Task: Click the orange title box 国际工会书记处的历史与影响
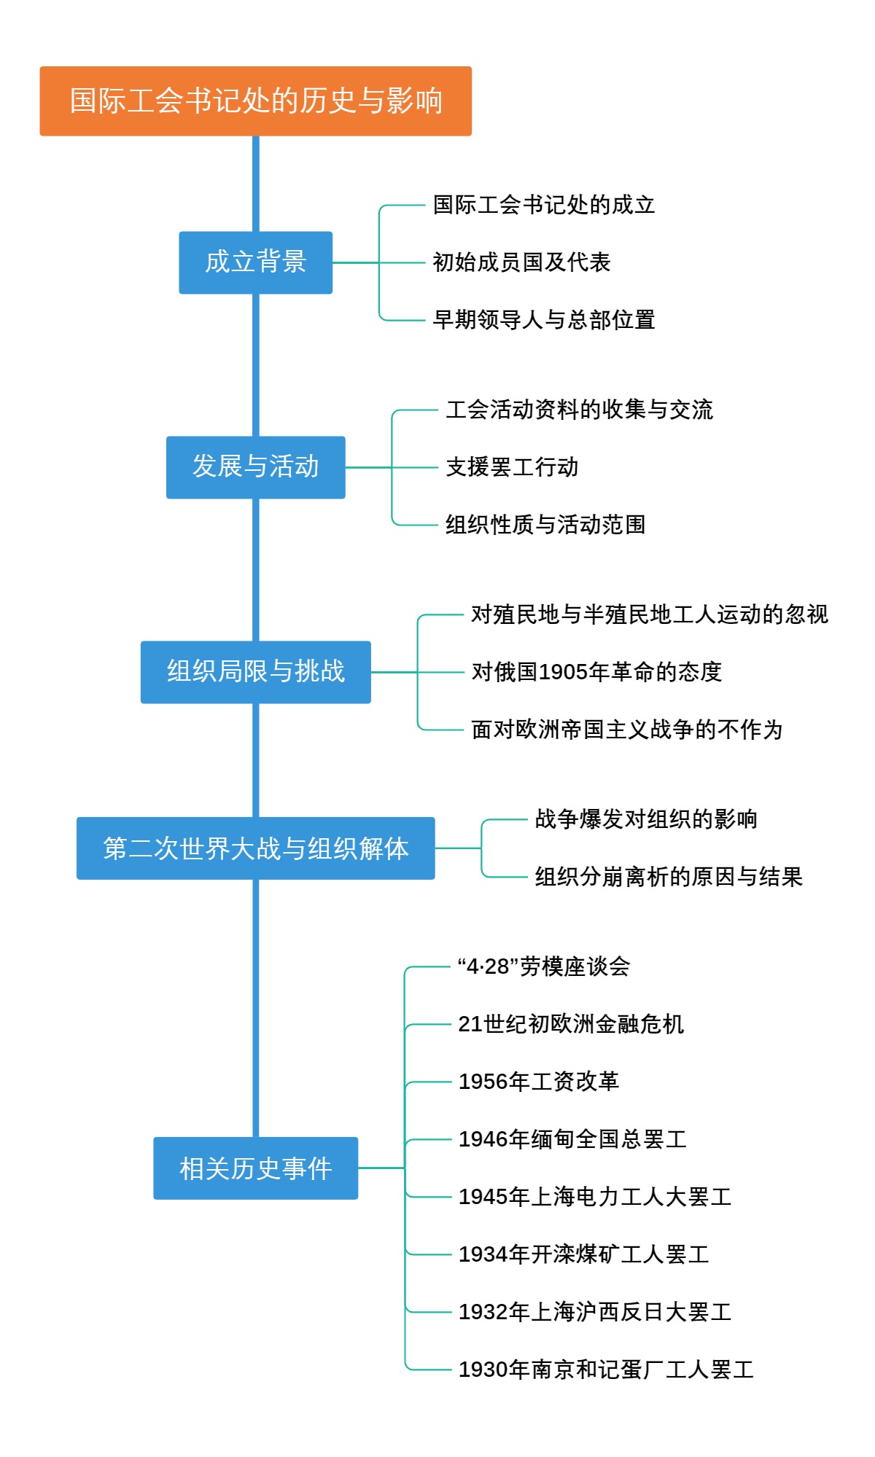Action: pos(255,101)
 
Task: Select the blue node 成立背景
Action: pos(255,262)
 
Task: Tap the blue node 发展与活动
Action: pos(255,467)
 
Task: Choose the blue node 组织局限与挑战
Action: pos(255,672)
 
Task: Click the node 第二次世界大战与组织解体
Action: pos(255,848)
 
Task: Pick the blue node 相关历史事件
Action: pos(255,1168)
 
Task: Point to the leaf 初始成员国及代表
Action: pos(521,262)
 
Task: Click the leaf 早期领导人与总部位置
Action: pos(544,320)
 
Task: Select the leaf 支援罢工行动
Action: pos(512,467)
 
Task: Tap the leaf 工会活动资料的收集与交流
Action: pos(579,410)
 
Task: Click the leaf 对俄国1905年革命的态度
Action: pos(596,672)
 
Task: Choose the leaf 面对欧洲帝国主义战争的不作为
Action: pos(626,730)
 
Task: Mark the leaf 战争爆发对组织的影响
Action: pos(646,819)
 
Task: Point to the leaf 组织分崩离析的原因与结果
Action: pos(669,877)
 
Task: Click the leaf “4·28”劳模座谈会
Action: pos(544,967)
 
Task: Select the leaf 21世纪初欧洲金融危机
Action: pos(571,1025)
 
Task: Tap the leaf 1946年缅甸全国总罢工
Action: pos(572,1139)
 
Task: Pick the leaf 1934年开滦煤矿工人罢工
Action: pos(583,1254)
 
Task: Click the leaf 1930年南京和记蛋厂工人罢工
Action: pos(606,1370)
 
